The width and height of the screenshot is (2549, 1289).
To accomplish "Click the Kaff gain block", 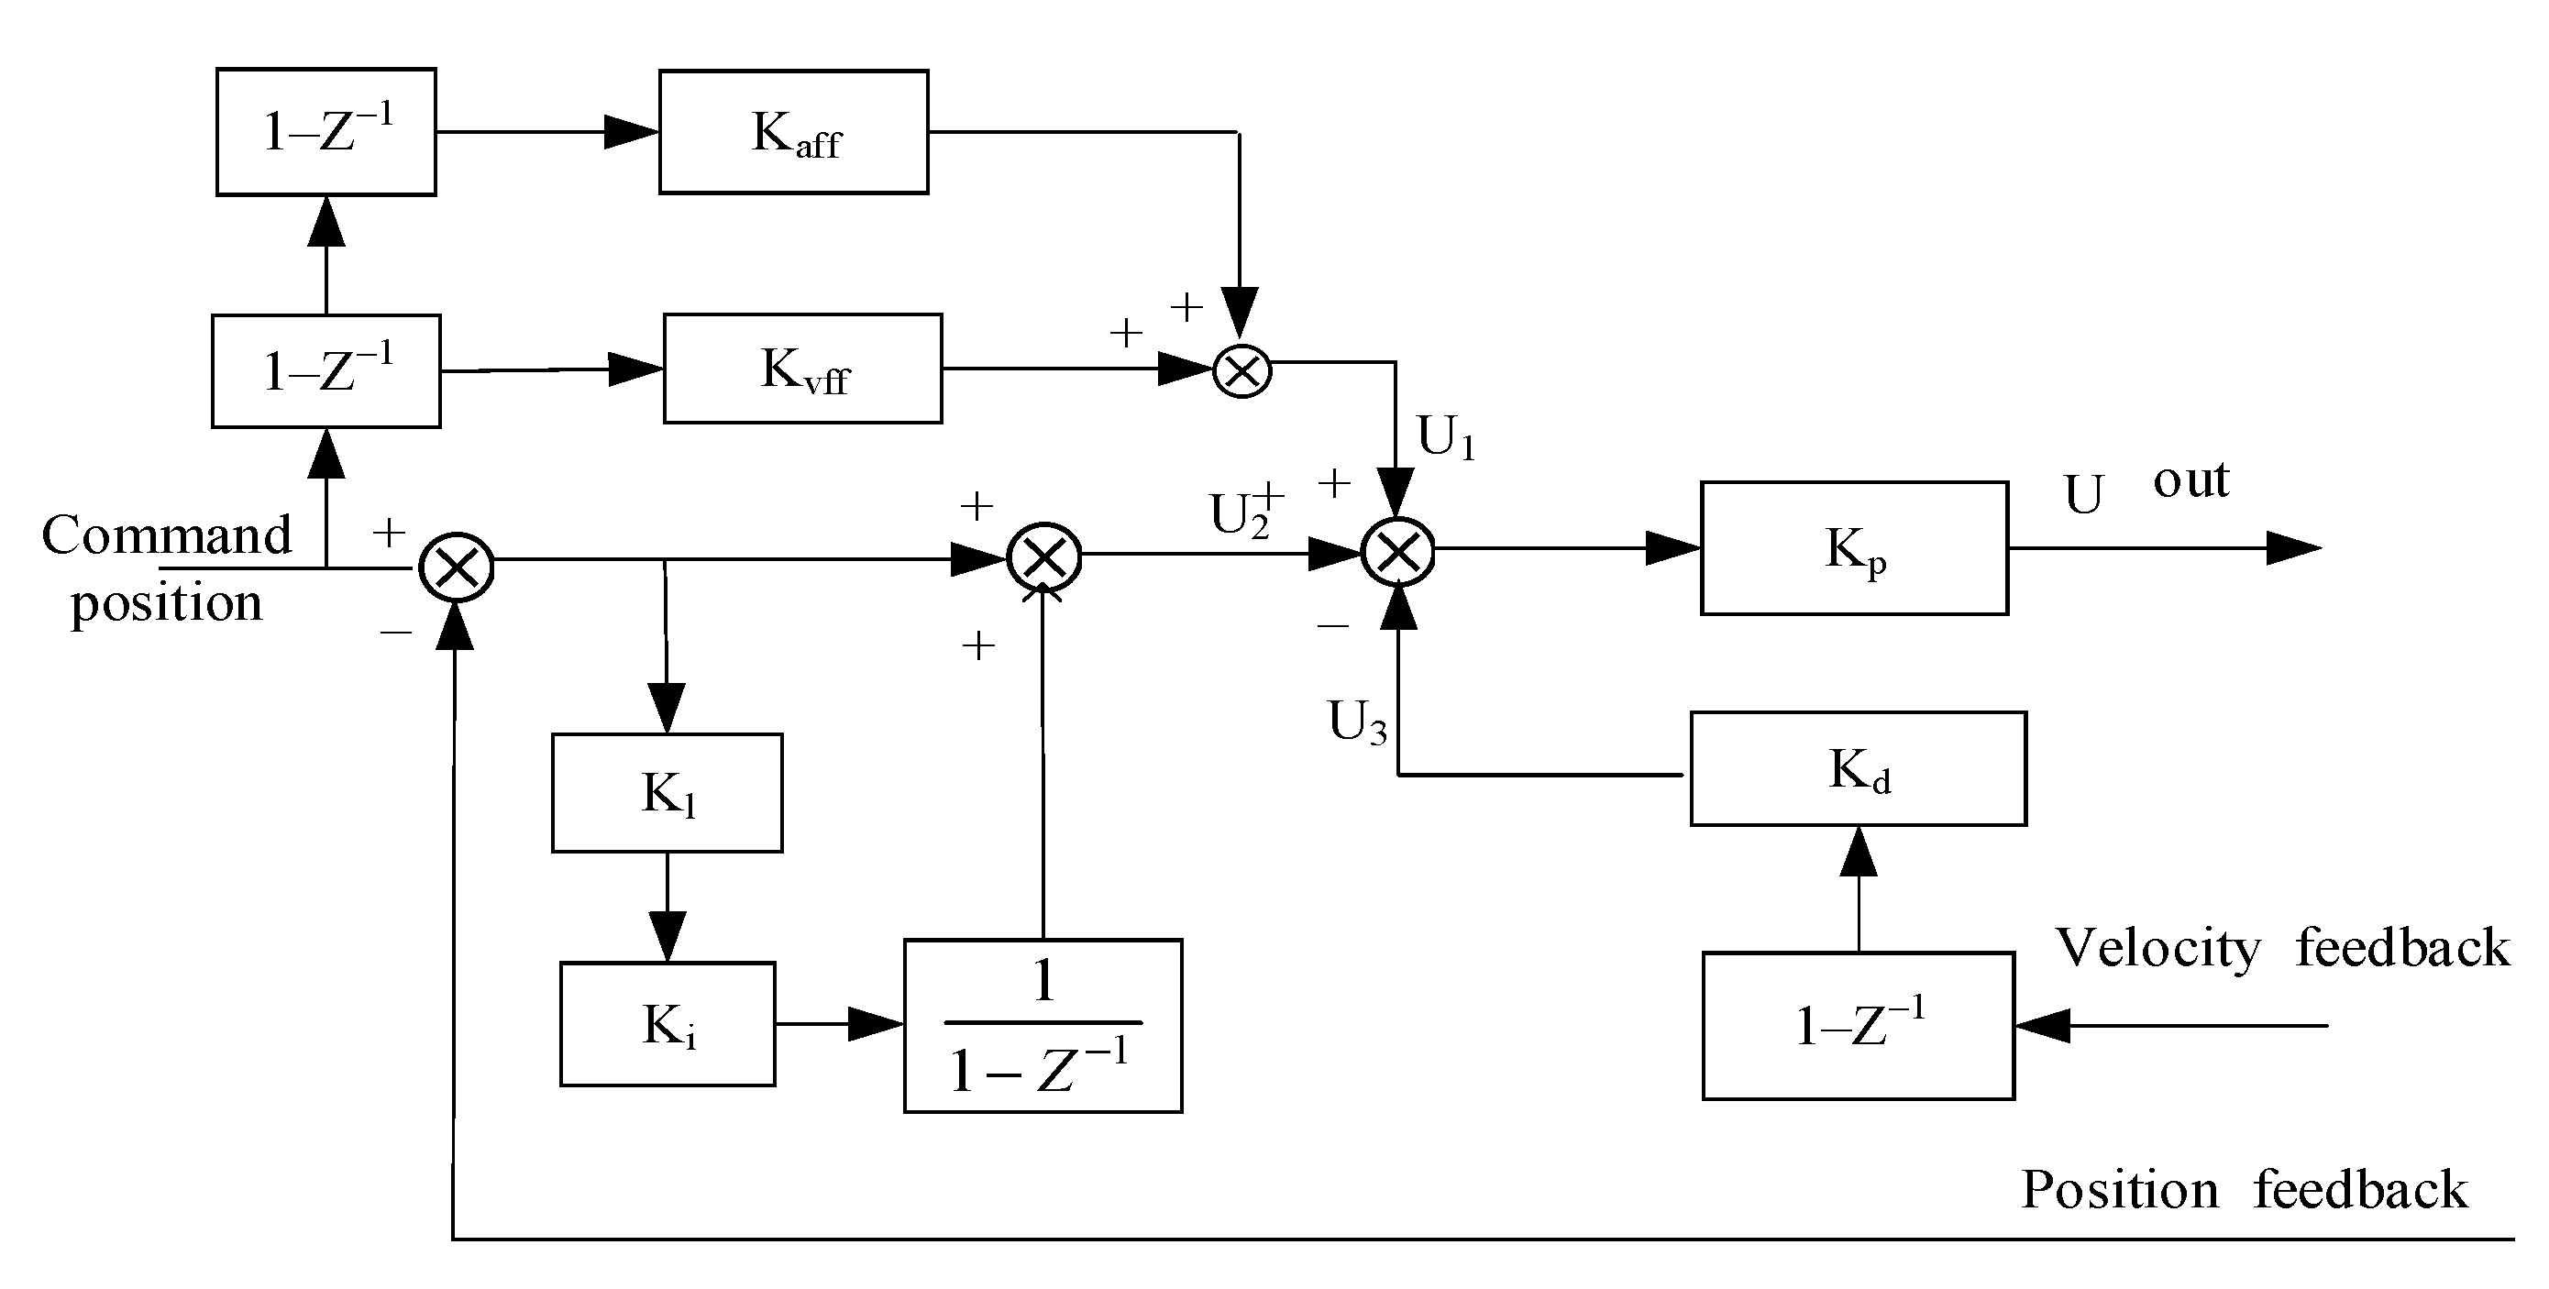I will (x=794, y=132).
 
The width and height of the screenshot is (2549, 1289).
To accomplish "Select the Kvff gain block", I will (x=802, y=369).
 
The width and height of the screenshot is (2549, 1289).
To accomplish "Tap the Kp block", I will (x=1853, y=548).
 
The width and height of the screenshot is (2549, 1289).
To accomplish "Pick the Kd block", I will (x=1858, y=768).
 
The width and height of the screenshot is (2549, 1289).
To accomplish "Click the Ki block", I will (x=668, y=1024).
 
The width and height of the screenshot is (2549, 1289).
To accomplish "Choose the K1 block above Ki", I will (x=667, y=792).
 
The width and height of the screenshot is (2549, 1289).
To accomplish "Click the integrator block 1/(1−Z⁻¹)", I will (x=1042, y=1026).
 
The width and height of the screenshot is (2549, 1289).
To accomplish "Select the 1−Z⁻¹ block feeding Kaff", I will (x=326, y=132).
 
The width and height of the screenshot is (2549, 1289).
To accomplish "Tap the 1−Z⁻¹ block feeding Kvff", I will (x=326, y=371).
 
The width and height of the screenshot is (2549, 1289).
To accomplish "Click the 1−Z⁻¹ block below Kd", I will (x=1858, y=1026).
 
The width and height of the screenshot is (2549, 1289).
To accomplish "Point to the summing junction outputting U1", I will (x=1241, y=371).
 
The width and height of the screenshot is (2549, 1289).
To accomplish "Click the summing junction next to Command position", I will (x=457, y=567).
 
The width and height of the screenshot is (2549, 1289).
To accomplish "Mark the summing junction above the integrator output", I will (x=1044, y=557).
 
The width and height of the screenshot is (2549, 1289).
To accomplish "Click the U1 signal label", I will (x=1447, y=436).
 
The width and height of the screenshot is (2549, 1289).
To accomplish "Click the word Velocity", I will (x=2158, y=948).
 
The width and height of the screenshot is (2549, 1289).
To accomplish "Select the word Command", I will (x=166, y=535).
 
